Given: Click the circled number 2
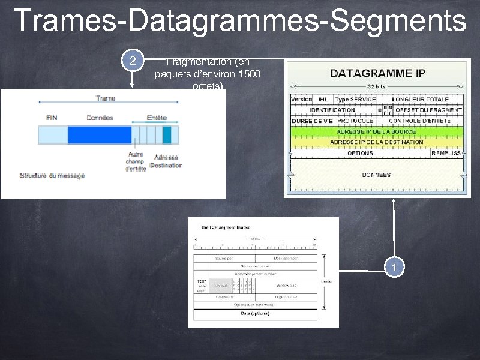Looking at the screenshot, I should click(133, 61).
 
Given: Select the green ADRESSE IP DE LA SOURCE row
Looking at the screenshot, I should click(376, 131).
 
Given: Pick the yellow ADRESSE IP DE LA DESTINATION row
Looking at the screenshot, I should click(376, 142).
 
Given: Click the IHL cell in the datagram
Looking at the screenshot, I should click(323, 99).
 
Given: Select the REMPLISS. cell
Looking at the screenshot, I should click(446, 153).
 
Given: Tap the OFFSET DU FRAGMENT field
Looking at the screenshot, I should click(428, 110).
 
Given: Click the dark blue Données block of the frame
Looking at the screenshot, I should click(99, 134).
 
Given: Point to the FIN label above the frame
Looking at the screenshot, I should click(52, 118).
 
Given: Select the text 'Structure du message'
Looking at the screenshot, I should click(53, 175).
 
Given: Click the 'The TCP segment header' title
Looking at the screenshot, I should click(225, 227).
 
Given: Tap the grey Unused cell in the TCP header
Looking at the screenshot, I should click(220, 286).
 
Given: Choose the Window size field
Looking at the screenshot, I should click(284, 286).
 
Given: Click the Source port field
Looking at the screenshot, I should click(224, 258).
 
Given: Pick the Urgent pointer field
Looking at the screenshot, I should click(286, 297).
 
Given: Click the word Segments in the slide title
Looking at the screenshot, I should click(398, 20).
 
